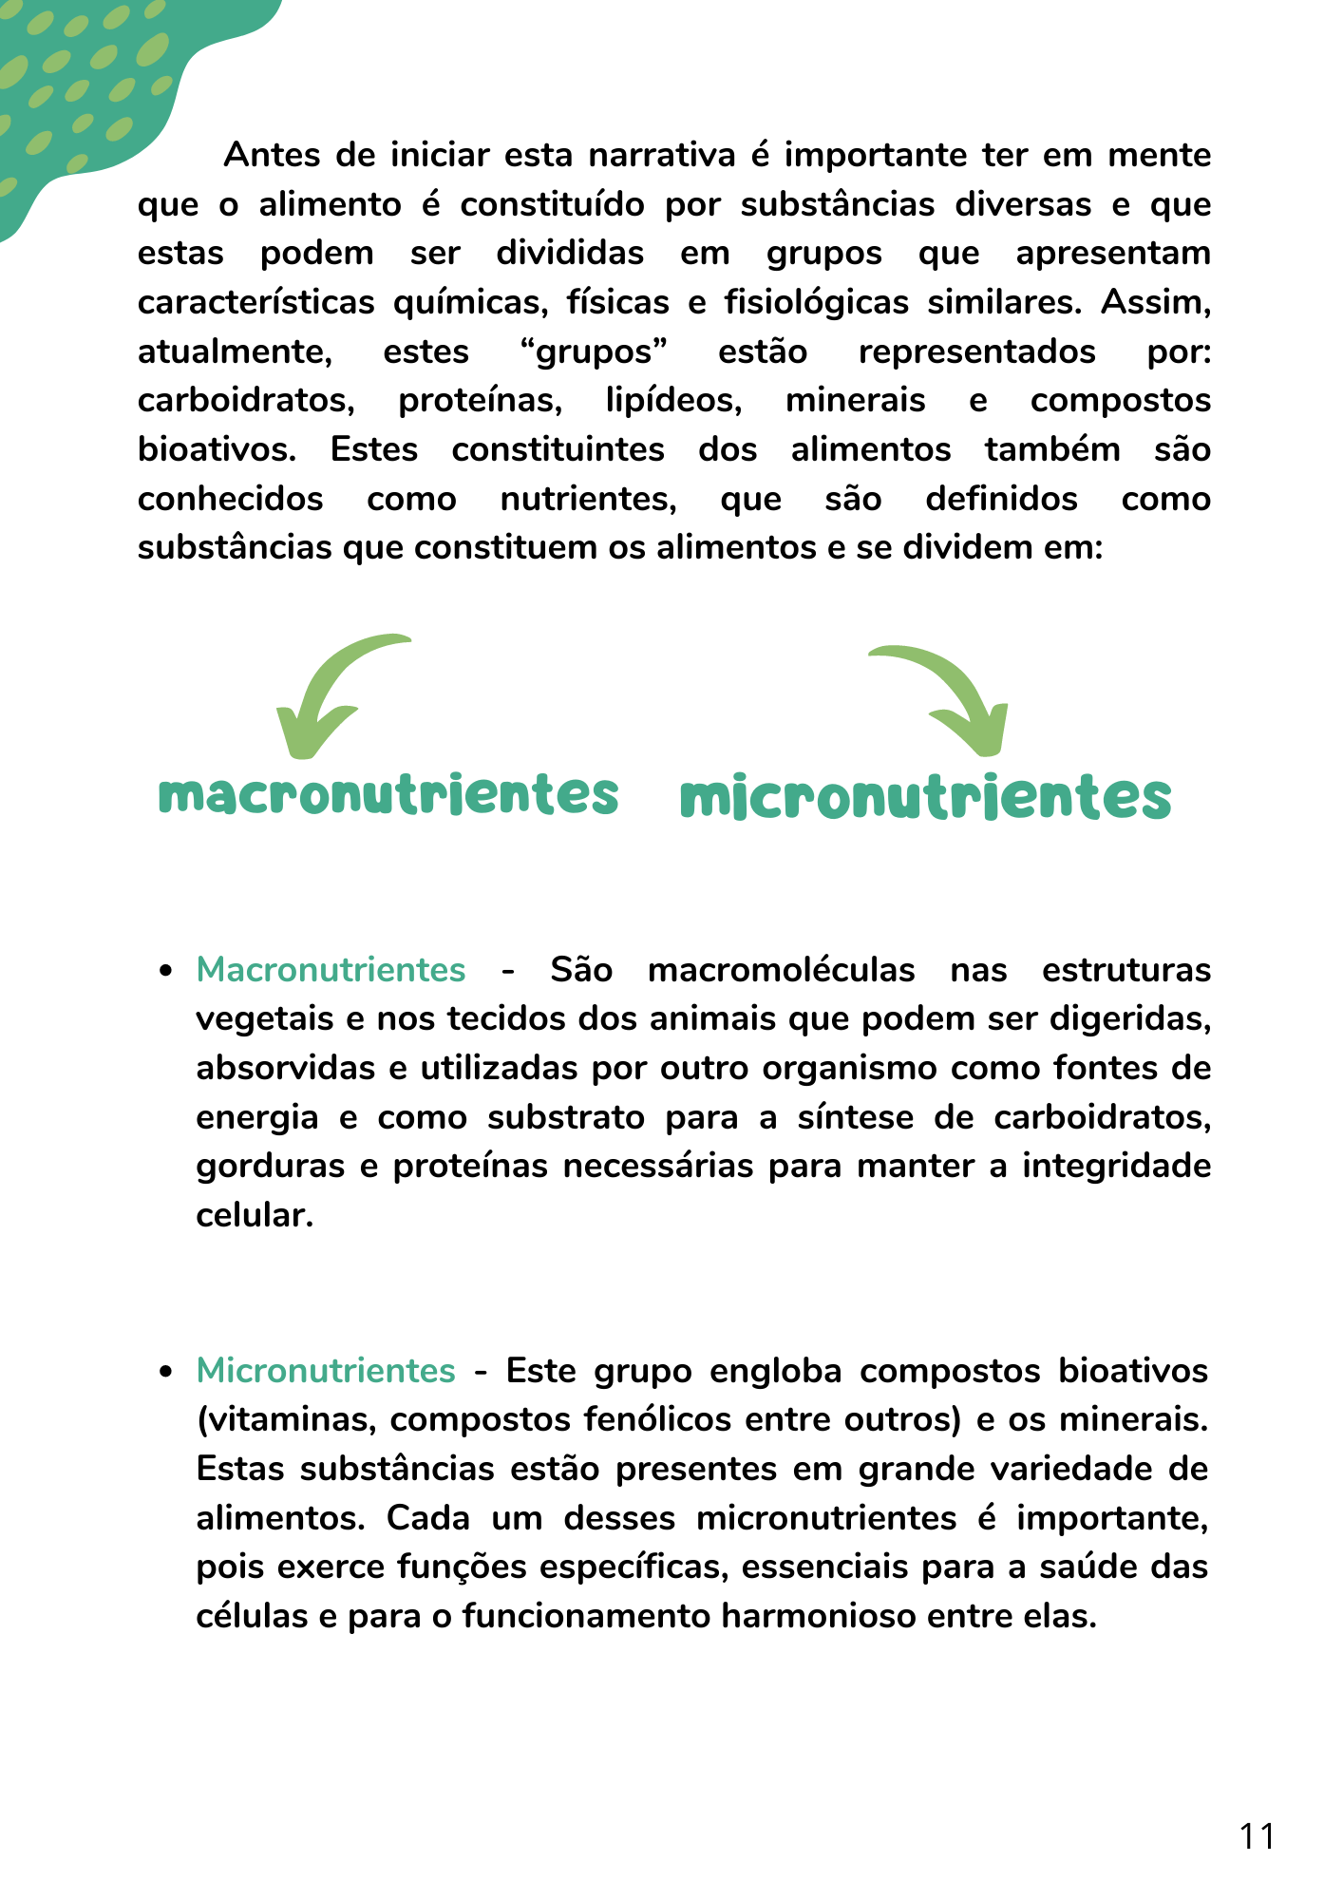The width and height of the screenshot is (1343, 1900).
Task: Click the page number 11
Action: pos(1257,1836)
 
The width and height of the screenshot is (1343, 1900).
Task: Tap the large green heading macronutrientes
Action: pos(388,794)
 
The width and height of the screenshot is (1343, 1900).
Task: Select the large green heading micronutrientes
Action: pos(925,798)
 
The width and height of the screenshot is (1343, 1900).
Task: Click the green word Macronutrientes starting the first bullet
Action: pos(331,970)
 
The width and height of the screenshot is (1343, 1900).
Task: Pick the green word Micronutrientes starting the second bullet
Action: pos(326,1371)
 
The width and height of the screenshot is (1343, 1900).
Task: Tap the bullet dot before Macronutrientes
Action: pos(167,971)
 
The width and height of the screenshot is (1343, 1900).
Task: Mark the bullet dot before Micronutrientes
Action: pos(167,1372)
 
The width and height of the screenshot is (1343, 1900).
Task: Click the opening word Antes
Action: pos(272,155)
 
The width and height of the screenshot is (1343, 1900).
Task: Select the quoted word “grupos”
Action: pos(594,351)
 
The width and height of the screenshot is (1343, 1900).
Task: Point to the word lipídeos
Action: pos(673,400)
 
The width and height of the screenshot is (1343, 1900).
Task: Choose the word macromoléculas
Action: pos(781,970)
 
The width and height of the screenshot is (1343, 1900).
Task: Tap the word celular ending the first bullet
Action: pos(254,1215)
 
